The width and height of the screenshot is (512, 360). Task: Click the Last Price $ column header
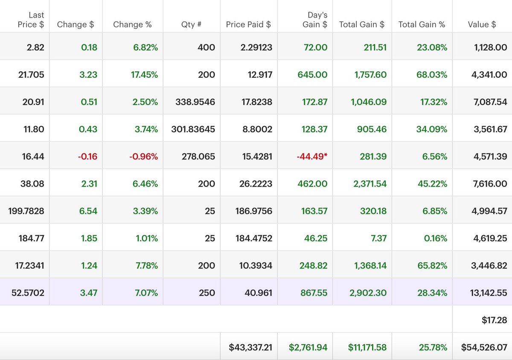pos(31,20)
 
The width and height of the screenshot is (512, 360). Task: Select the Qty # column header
pos(191,25)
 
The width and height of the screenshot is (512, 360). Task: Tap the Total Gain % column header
pos(422,25)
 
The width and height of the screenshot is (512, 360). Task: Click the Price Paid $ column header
pos(248,25)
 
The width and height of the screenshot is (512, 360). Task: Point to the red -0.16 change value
pos(87,157)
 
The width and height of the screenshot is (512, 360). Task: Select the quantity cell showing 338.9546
pos(195,102)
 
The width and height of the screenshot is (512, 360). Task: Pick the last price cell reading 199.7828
pos(26,211)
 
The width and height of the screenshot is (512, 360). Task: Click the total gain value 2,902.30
pos(370,293)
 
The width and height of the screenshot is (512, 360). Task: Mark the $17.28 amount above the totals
pos(494,319)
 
